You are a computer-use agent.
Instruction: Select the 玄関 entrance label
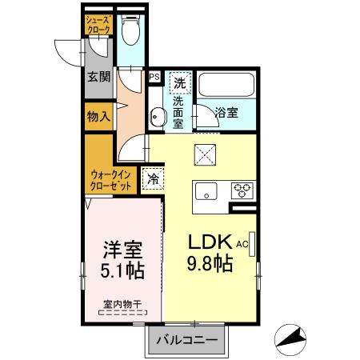(x=98, y=78)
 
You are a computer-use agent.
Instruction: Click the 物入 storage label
(x=98, y=117)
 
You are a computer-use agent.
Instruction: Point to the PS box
(x=154, y=77)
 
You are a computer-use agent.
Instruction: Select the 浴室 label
(x=227, y=113)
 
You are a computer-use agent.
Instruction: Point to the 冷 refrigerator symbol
(x=152, y=179)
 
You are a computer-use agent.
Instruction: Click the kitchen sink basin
(x=206, y=191)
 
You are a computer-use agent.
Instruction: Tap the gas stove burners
(x=242, y=190)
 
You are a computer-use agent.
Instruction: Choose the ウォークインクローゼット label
(x=110, y=178)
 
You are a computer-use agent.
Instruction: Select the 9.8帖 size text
(x=210, y=262)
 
